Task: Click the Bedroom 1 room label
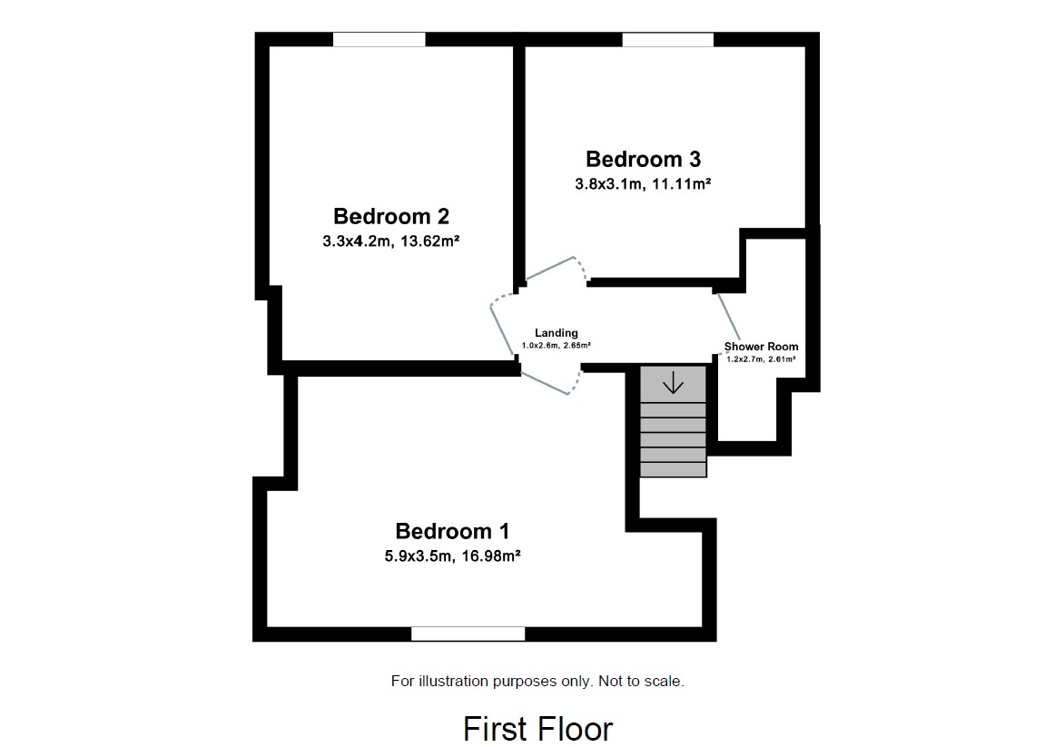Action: point(452,531)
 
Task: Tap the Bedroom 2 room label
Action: point(390,216)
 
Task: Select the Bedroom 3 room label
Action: point(643,160)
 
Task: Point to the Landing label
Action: point(556,333)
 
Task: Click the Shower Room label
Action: point(761,347)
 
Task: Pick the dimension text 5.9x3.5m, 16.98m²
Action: point(451,555)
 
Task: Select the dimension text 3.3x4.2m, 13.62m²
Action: point(390,241)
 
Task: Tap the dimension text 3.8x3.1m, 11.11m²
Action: point(643,183)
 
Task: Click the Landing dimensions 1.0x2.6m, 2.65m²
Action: point(556,345)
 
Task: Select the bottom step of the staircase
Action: point(673,469)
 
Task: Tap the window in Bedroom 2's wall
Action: point(379,39)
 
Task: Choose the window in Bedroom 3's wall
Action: point(667,39)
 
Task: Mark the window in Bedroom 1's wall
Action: point(468,634)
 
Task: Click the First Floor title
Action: point(537,728)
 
